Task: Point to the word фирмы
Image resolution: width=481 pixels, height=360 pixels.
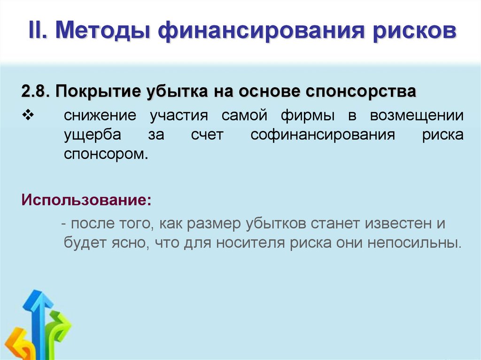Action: pyautogui.click(x=309, y=115)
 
